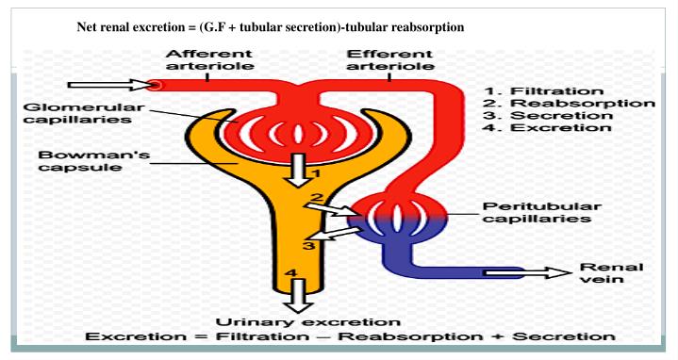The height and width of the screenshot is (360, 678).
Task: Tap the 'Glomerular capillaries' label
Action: click(x=69, y=113)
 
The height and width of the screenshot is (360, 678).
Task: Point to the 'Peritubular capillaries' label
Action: click(x=537, y=212)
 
